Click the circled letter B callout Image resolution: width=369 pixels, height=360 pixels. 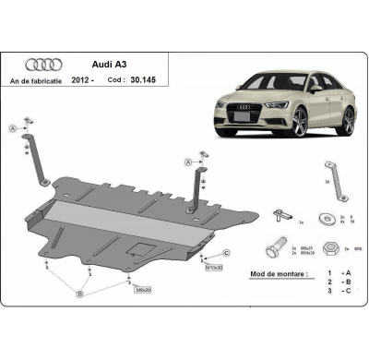[x=80, y=294]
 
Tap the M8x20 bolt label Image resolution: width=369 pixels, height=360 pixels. [x=142, y=290]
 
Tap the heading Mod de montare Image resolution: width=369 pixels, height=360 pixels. [x=276, y=274]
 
